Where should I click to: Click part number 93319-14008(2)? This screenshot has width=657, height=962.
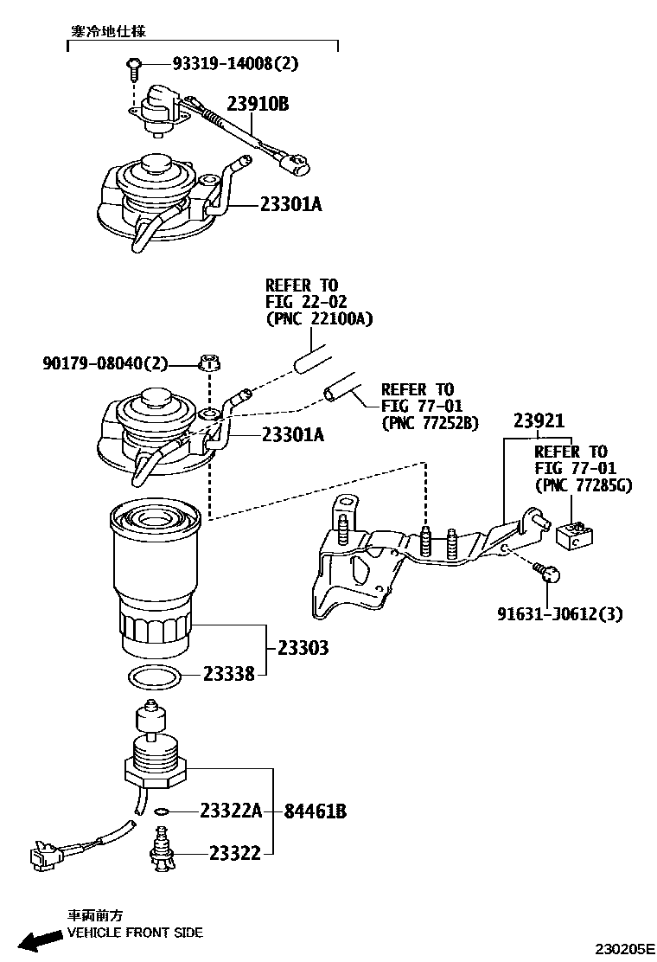pyautogui.click(x=235, y=63)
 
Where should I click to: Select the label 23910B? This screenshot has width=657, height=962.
pyautogui.click(x=258, y=105)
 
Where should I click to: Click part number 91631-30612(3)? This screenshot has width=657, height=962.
pyautogui.click(x=560, y=613)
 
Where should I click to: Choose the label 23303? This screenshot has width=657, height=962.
pyautogui.click(x=303, y=647)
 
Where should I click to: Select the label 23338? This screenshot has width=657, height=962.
pyautogui.click(x=229, y=673)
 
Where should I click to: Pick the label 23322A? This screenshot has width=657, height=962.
pyautogui.click(x=230, y=811)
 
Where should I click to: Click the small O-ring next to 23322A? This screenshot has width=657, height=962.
pyautogui.click(x=161, y=811)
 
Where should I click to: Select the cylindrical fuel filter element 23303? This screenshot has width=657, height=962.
pyautogui.click(x=156, y=580)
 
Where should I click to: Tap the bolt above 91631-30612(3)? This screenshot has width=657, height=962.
pyautogui.click(x=546, y=572)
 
